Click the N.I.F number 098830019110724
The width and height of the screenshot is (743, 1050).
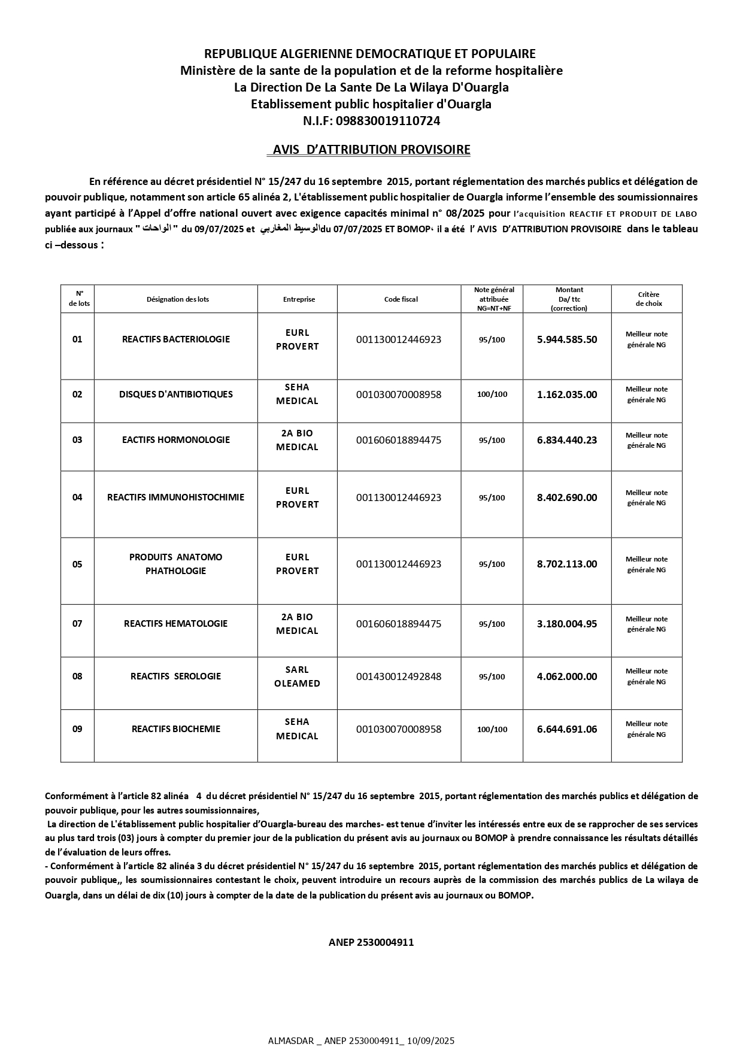(388, 121)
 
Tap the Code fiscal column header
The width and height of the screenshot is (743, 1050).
(401, 299)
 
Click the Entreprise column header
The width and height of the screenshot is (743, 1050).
(299, 299)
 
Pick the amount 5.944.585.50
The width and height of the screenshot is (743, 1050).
(566, 339)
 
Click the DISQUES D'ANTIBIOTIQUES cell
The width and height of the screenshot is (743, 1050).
(175, 394)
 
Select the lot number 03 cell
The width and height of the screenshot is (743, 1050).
(77, 440)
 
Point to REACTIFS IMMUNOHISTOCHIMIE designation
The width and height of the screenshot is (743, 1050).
(175, 497)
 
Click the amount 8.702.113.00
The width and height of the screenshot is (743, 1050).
(566, 564)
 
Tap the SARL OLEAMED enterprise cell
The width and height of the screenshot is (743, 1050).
(297, 676)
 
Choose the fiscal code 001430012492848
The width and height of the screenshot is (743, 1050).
(399, 676)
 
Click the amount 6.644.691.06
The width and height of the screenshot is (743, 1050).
(566, 729)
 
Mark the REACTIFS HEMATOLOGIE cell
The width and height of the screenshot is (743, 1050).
(175, 624)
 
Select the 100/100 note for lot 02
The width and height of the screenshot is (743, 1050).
(492, 394)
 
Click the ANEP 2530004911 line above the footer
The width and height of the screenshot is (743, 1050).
(371, 942)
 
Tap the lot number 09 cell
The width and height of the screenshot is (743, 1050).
(77, 729)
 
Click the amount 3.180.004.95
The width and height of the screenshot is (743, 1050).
(566, 624)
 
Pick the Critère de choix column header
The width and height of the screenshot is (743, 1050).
(646, 299)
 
